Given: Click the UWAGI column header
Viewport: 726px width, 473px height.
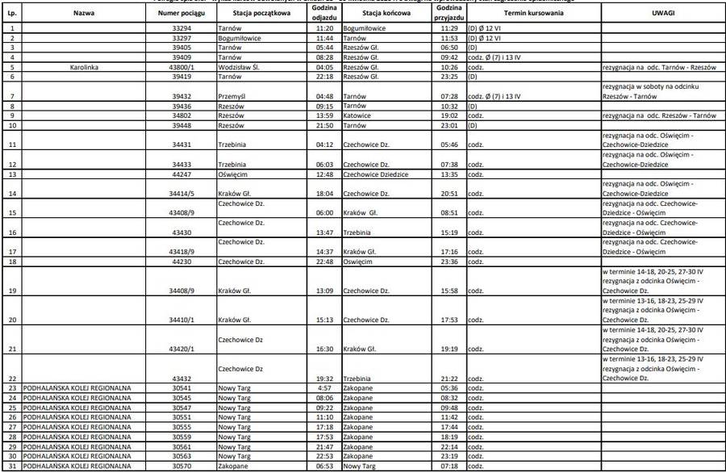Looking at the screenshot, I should (663, 14).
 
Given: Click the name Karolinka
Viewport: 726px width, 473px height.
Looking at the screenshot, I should (77, 68).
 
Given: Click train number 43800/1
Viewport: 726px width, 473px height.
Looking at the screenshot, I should (186, 68).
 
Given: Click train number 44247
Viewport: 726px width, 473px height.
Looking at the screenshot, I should (186, 174).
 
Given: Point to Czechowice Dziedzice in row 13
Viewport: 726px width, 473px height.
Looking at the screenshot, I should (375, 174).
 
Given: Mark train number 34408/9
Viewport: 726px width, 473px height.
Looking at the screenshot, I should (186, 291).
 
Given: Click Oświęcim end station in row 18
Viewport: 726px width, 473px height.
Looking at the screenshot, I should (359, 262).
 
